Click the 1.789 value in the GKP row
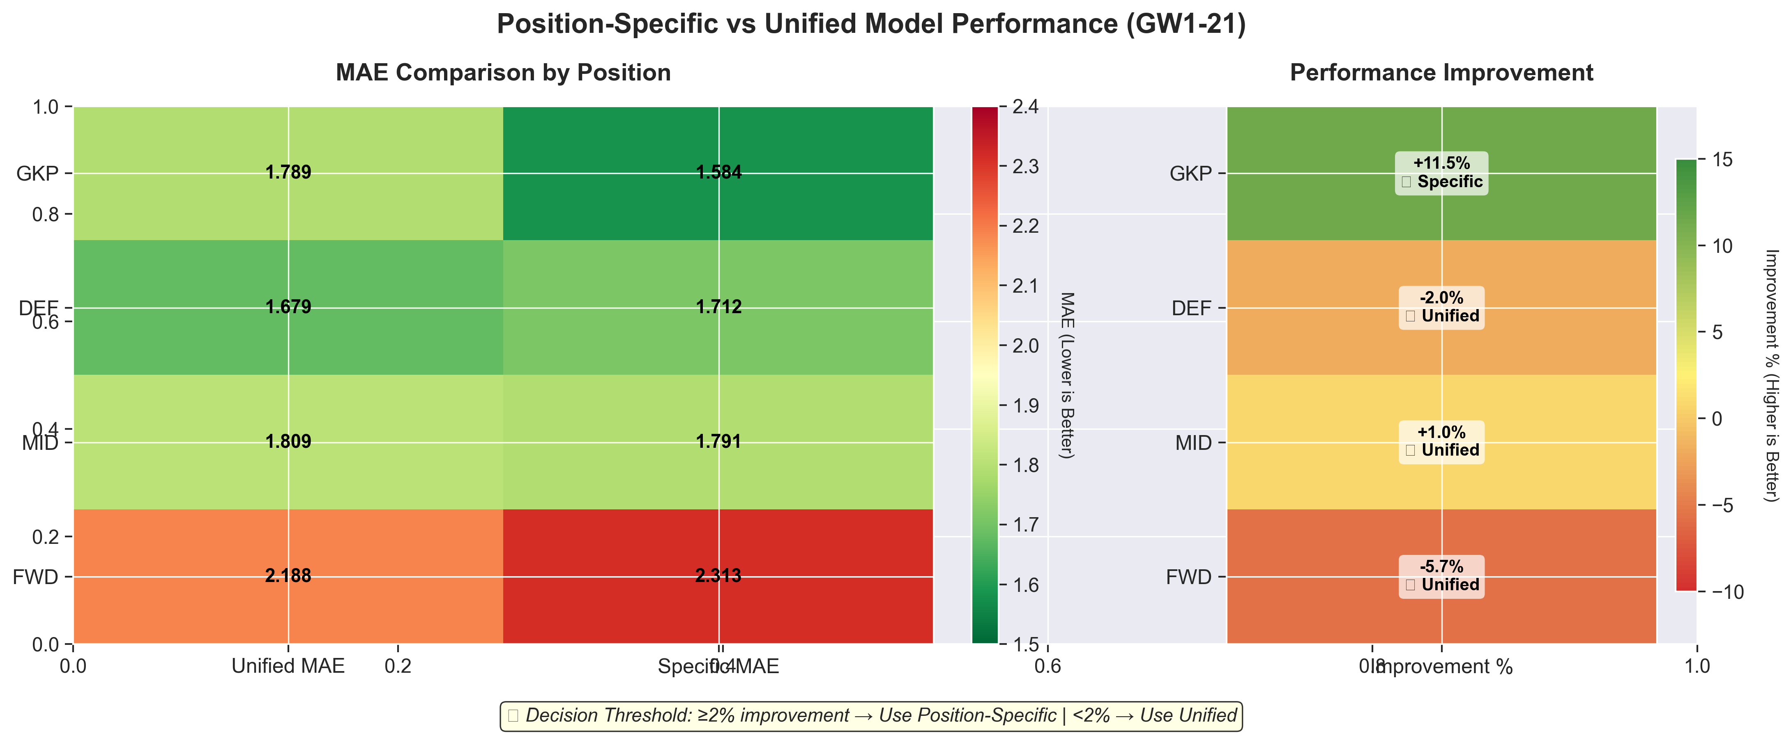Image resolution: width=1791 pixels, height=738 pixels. (x=288, y=172)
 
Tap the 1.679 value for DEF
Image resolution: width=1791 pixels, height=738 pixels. (x=288, y=307)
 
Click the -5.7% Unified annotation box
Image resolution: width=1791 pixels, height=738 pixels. (x=1441, y=576)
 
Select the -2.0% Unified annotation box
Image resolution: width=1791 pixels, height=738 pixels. (x=1441, y=307)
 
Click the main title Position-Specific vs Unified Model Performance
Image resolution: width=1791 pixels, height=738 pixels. (x=871, y=24)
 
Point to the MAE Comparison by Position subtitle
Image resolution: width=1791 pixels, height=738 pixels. (x=503, y=73)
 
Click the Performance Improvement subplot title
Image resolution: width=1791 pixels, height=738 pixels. (x=1441, y=73)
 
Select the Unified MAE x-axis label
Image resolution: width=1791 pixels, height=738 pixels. (x=288, y=667)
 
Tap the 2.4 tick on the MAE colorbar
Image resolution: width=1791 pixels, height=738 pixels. (x=1026, y=107)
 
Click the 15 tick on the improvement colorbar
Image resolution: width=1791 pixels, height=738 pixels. (x=1722, y=160)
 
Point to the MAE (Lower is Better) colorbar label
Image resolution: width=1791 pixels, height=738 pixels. (x=1066, y=375)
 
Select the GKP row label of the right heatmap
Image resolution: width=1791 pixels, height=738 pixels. (x=1190, y=174)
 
